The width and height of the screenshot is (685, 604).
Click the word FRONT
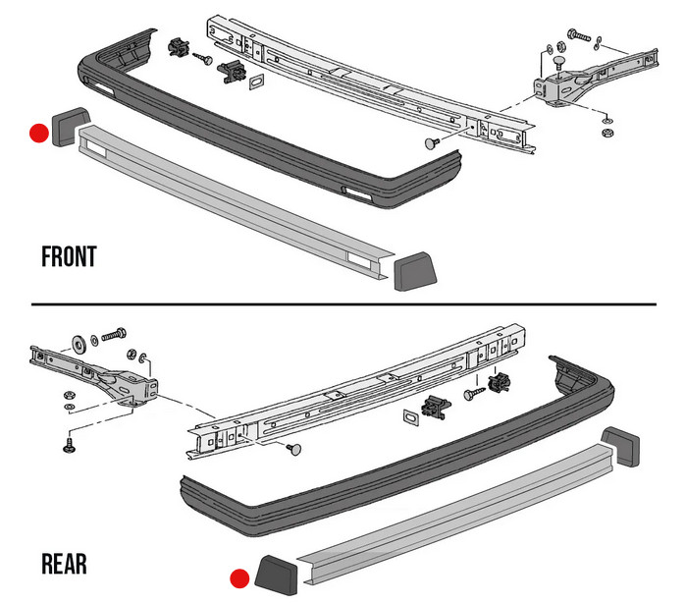click(x=69, y=257)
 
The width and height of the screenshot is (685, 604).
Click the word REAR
click(x=64, y=564)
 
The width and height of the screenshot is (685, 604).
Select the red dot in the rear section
click(x=237, y=578)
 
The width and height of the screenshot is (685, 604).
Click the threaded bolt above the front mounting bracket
click(x=580, y=37)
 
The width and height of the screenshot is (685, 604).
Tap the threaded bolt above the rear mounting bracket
click(x=109, y=337)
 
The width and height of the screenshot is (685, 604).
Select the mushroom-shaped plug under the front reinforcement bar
click(x=431, y=143)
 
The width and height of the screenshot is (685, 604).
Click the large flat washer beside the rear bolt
click(x=77, y=344)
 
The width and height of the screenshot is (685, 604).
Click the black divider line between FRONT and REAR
click(x=342, y=303)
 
